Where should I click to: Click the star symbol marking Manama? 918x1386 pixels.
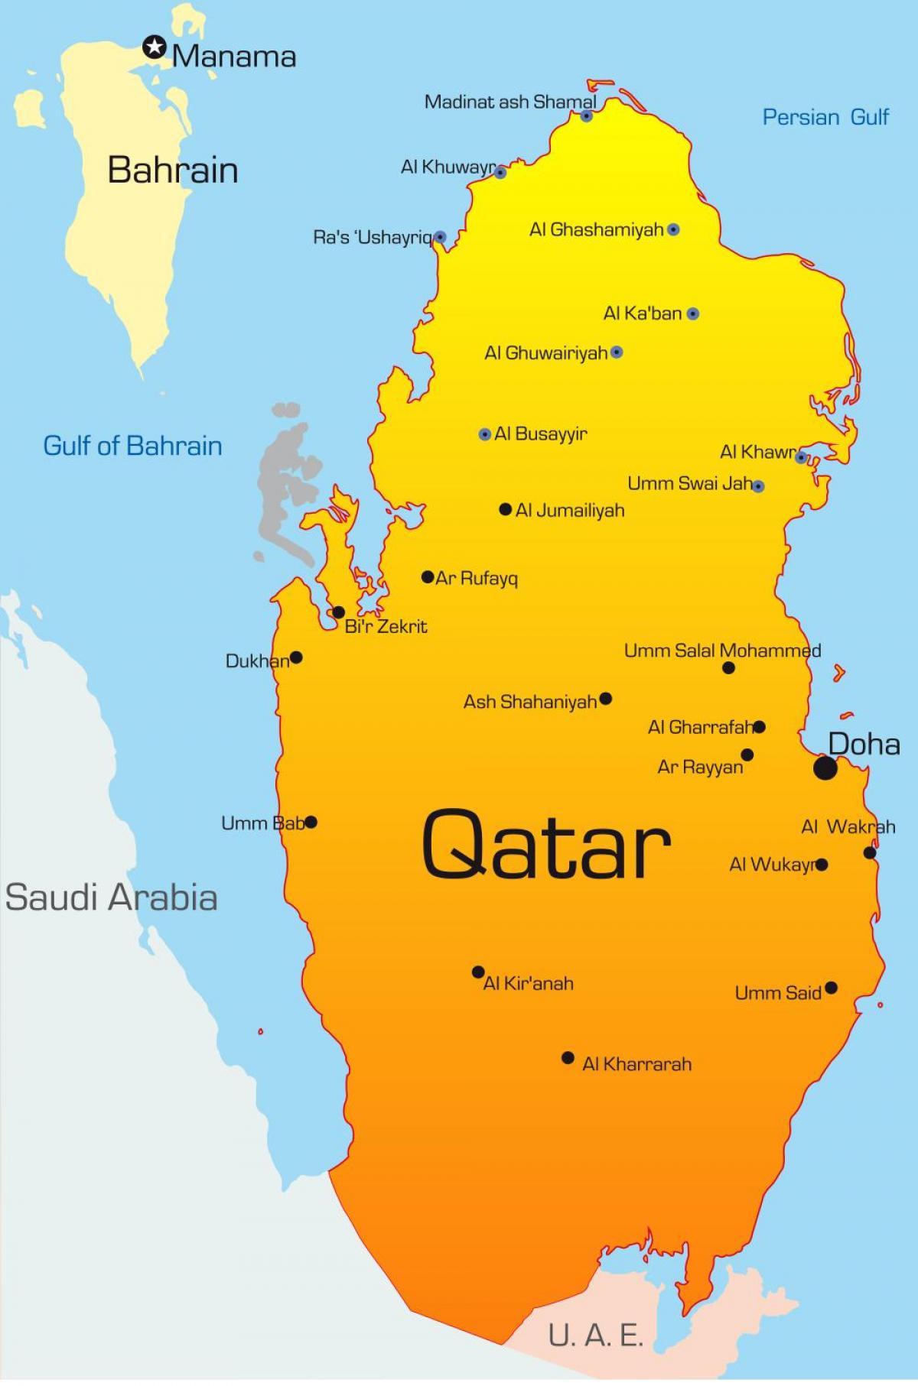155,48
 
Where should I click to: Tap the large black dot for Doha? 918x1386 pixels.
825,768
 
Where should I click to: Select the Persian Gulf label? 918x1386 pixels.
825,117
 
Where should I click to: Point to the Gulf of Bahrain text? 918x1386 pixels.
132,446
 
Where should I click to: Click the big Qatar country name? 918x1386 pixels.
546,844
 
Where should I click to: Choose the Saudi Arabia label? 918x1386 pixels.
112,897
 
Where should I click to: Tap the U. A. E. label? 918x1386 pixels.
595,1335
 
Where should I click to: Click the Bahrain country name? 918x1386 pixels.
173,170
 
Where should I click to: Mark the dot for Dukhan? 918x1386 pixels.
296,657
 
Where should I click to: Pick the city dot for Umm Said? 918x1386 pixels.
831,988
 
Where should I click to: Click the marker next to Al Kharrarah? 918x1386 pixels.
568,1058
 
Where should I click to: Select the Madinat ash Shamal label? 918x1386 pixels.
510,102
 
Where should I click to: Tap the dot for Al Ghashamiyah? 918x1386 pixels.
673,229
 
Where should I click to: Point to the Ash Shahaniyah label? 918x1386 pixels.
530,702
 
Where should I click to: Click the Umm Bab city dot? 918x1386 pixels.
311,823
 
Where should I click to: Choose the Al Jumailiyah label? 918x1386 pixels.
570,511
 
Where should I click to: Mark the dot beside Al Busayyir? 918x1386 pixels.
484,434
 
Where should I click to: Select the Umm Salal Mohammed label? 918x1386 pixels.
722,651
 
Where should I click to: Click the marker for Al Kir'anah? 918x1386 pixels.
478,972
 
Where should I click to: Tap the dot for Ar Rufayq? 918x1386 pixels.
428,577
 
